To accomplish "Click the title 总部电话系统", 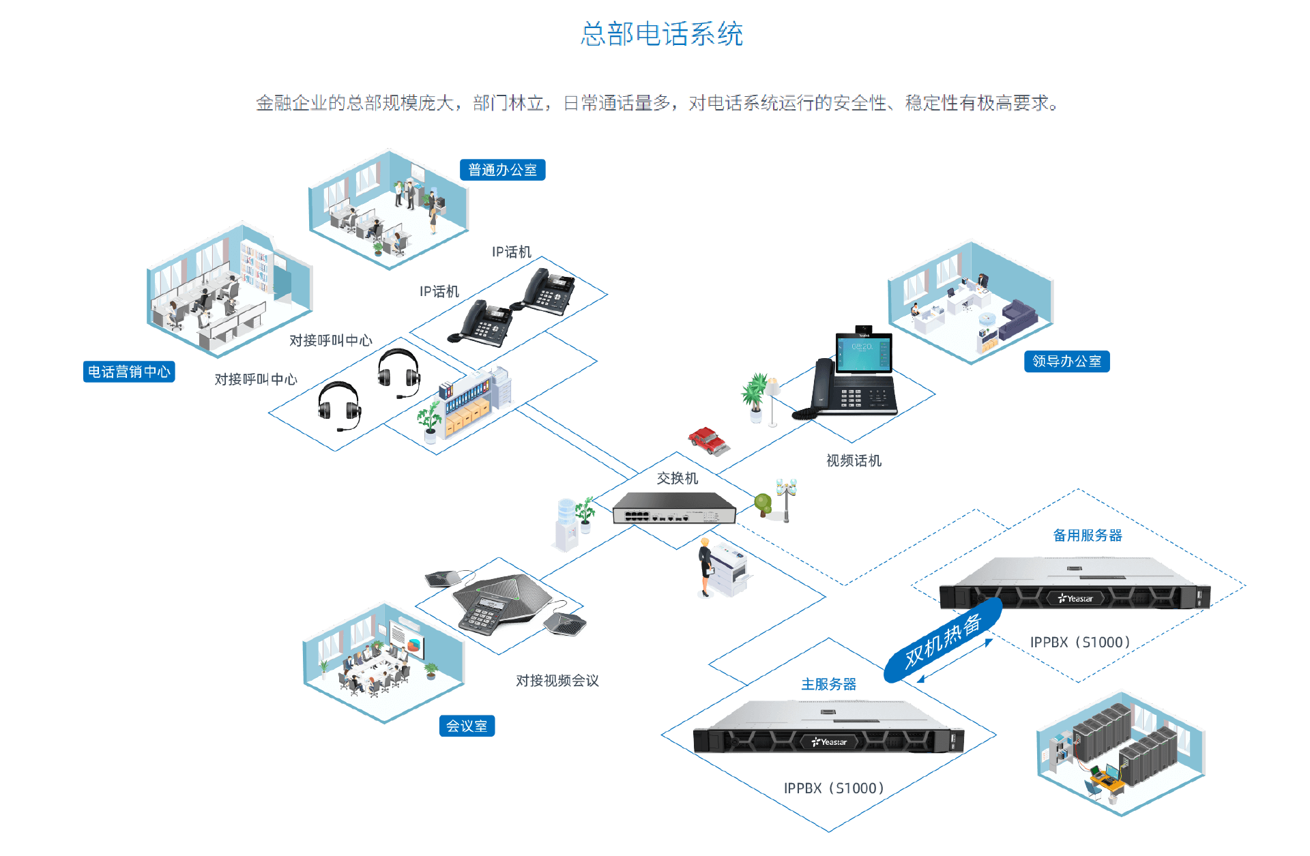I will [661, 34].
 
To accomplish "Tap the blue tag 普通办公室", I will [502, 170].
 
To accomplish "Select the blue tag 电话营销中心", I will [129, 372].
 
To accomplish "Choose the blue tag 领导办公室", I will [1066, 361].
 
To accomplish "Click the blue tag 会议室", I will [467, 726].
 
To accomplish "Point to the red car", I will [708, 440].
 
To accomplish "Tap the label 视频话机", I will [854, 461].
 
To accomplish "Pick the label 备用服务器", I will [1087, 535].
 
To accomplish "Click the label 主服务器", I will [828, 684].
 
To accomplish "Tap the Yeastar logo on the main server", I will [830, 742].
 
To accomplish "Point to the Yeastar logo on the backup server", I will [1075, 599].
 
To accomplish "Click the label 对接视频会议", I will [557, 681].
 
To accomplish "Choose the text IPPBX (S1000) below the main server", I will [833, 788].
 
